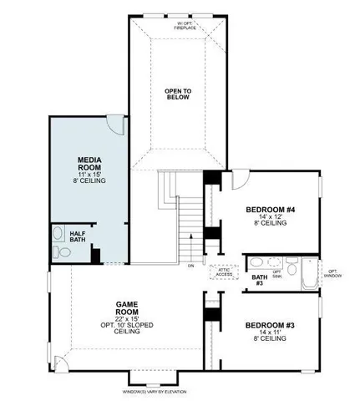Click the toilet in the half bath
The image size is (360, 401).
click(57, 251)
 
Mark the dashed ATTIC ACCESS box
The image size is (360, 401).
click(224, 272)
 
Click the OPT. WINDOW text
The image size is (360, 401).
click(332, 273)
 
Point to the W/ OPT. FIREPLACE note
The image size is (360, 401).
click(185, 25)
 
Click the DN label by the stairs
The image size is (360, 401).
click(190, 266)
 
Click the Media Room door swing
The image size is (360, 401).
click(118, 124)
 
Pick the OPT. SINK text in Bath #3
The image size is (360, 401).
click(290, 270)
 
